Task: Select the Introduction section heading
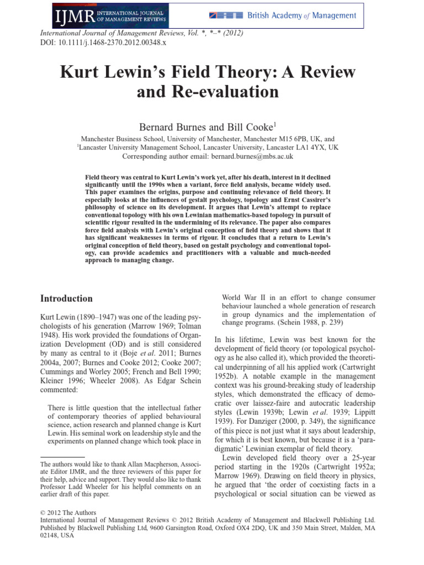pos(67,299)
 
